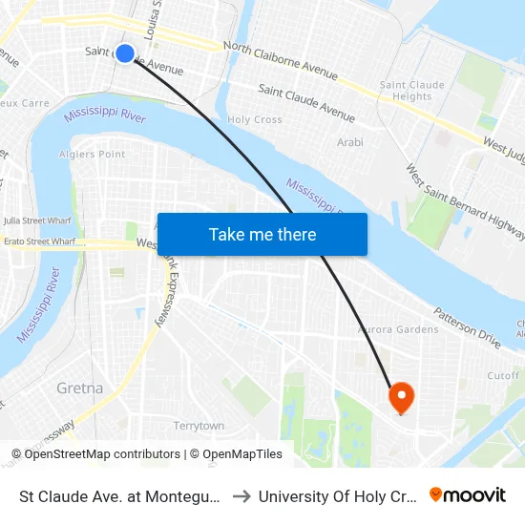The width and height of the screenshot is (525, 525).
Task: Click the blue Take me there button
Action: click(262, 234)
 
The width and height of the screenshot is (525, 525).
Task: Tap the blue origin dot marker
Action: click(125, 53)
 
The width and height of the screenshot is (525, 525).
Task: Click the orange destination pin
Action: click(400, 397)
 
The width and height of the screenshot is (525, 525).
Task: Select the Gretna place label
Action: click(80, 388)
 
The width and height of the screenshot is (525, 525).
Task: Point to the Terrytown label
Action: click(199, 426)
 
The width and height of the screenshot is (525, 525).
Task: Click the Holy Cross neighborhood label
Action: click(255, 120)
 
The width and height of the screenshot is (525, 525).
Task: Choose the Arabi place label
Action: click(350, 142)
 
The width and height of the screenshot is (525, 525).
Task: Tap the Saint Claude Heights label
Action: click(412, 91)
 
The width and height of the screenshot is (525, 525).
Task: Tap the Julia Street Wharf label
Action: click(38, 220)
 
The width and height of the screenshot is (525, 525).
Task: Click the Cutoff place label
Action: click(502, 376)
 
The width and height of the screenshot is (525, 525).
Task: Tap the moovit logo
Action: click(468, 494)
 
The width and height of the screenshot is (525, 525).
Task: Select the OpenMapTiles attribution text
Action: click(236, 454)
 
